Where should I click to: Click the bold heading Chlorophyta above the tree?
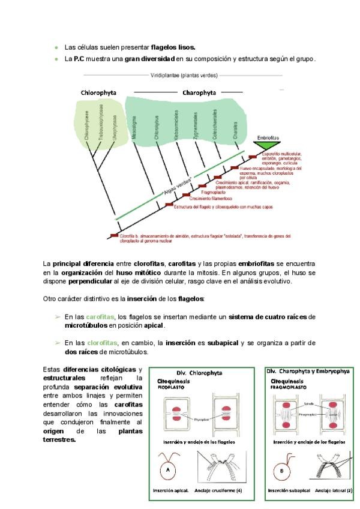(98, 93)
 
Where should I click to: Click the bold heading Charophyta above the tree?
(199, 93)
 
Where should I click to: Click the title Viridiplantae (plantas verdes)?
(184, 76)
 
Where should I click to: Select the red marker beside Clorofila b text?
(114, 236)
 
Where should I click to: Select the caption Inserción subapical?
(291, 490)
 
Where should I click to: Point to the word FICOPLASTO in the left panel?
(171, 387)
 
